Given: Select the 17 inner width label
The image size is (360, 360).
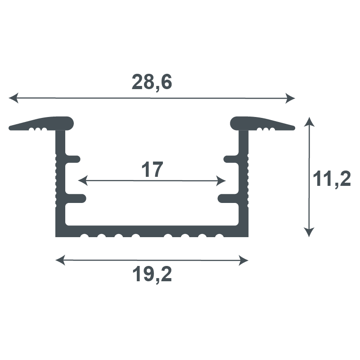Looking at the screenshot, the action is [152, 170].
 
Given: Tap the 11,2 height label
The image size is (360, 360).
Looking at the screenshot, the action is [332, 179].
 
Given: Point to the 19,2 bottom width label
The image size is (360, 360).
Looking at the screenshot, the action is [152, 274].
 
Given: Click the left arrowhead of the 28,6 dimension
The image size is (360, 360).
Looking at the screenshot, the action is [13, 98].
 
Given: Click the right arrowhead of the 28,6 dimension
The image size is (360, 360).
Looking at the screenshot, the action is [290, 99].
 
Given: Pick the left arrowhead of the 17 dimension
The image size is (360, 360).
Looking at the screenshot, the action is [83, 180].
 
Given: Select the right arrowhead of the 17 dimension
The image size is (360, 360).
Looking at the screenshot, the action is [221, 181].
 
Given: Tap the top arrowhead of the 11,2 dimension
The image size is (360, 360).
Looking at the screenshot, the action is [309, 122].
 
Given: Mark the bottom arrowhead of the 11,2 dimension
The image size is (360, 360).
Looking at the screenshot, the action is [309, 232].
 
